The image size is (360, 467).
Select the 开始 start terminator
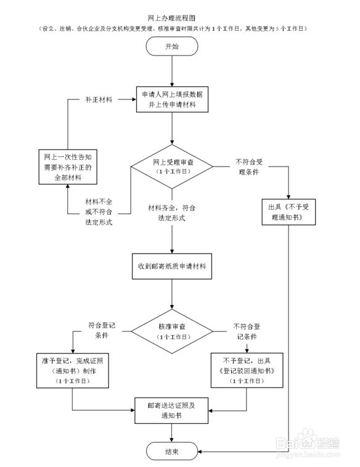[x=172, y=47]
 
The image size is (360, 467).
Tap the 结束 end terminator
[x=172, y=452]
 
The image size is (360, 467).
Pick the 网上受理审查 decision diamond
[x=172, y=166]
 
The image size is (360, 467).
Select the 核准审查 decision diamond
[x=172, y=333]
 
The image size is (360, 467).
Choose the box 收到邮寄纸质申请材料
[x=172, y=267]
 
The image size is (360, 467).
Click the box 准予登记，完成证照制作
[x=73, y=370]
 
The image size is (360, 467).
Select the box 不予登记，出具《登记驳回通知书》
[x=246, y=370]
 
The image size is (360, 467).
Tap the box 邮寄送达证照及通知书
[x=172, y=410]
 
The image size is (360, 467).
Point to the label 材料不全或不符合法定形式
[x=99, y=212]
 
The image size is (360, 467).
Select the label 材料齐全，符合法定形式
[x=172, y=212]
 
